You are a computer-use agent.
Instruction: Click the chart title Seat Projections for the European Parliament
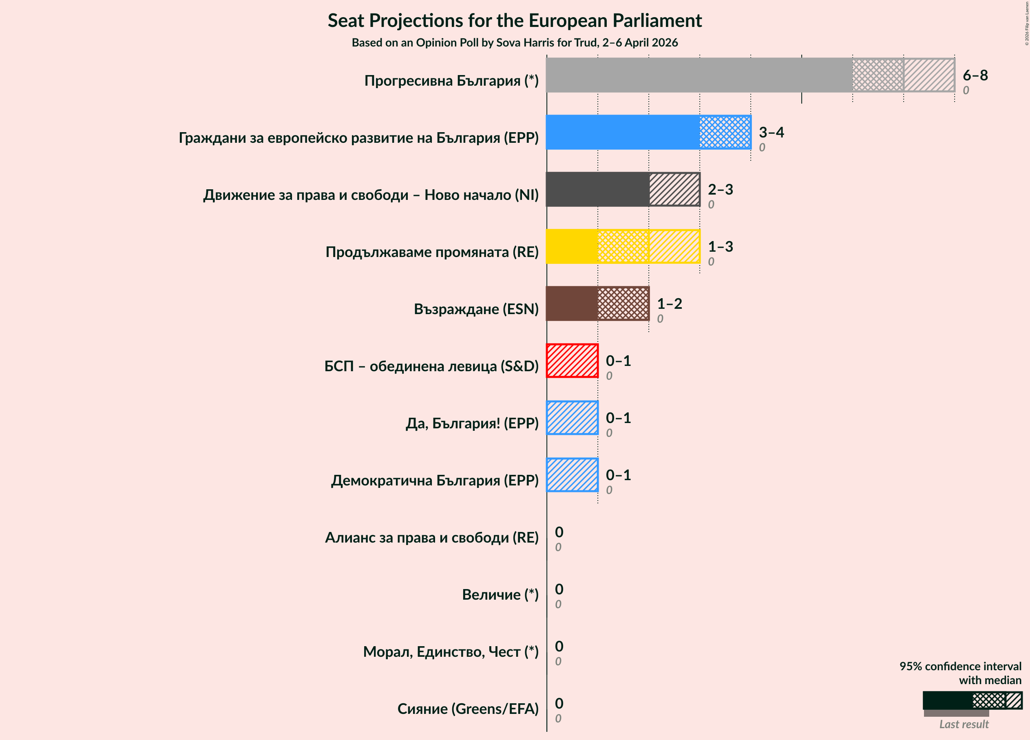[x=515, y=21]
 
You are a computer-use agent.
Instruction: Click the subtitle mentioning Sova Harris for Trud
[x=515, y=43]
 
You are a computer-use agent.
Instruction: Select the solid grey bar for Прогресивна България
[x=698, y=75]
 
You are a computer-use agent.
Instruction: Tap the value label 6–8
[x=975, y=75]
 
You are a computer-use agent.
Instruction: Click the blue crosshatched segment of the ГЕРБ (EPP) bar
[x=725, y=132]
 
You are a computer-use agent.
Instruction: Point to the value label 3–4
[x=771, y=132]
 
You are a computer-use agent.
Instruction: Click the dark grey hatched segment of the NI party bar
[x=674, y=189]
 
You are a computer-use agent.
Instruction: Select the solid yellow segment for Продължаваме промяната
[x=572, y=246]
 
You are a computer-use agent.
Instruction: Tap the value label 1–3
[x=720, y=247]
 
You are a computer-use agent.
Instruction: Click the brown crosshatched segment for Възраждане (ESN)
[x=623, y=304]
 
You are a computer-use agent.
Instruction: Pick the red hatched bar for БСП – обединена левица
[x=572, y=361]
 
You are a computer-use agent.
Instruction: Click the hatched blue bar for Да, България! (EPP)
[x=572, y=418]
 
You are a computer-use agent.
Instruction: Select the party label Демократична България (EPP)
[x=435, y=480]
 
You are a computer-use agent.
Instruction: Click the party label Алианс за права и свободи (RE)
[x=431, y=537]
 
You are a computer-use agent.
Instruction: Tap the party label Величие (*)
[x=500, y=595]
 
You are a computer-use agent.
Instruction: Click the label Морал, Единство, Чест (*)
[x=451, y=652]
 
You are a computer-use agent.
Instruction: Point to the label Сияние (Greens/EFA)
[x=468, y=709]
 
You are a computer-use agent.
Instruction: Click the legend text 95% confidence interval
[x=960, y=667]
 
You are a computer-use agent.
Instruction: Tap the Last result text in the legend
[x=964, y=724]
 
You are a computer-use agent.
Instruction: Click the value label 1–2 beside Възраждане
[x=670, y=304]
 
